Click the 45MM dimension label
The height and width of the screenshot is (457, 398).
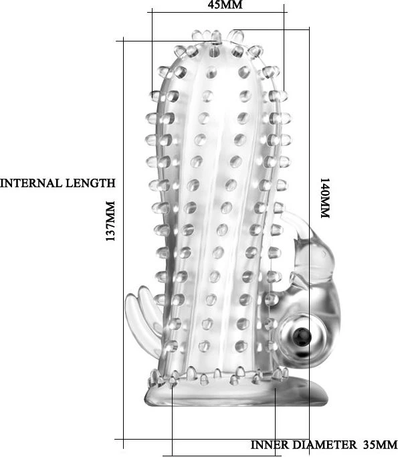225,5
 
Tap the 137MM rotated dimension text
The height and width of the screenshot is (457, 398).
110,221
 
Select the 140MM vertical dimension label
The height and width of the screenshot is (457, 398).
325,198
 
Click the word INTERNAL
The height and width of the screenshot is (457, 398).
31,183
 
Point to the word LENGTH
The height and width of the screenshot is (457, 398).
90,183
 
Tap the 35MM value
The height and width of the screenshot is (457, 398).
380,445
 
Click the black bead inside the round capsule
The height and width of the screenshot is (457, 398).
302,337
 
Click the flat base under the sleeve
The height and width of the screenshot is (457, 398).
236,393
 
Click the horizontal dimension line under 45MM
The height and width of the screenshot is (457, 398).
217,12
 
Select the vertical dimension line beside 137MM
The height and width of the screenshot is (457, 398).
124,243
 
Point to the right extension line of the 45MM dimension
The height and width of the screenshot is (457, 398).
284,48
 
